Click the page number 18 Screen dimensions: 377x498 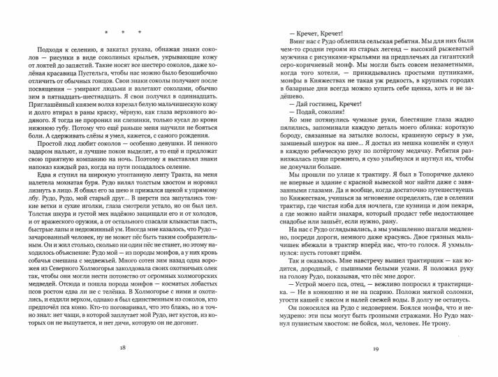click(123, 348)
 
